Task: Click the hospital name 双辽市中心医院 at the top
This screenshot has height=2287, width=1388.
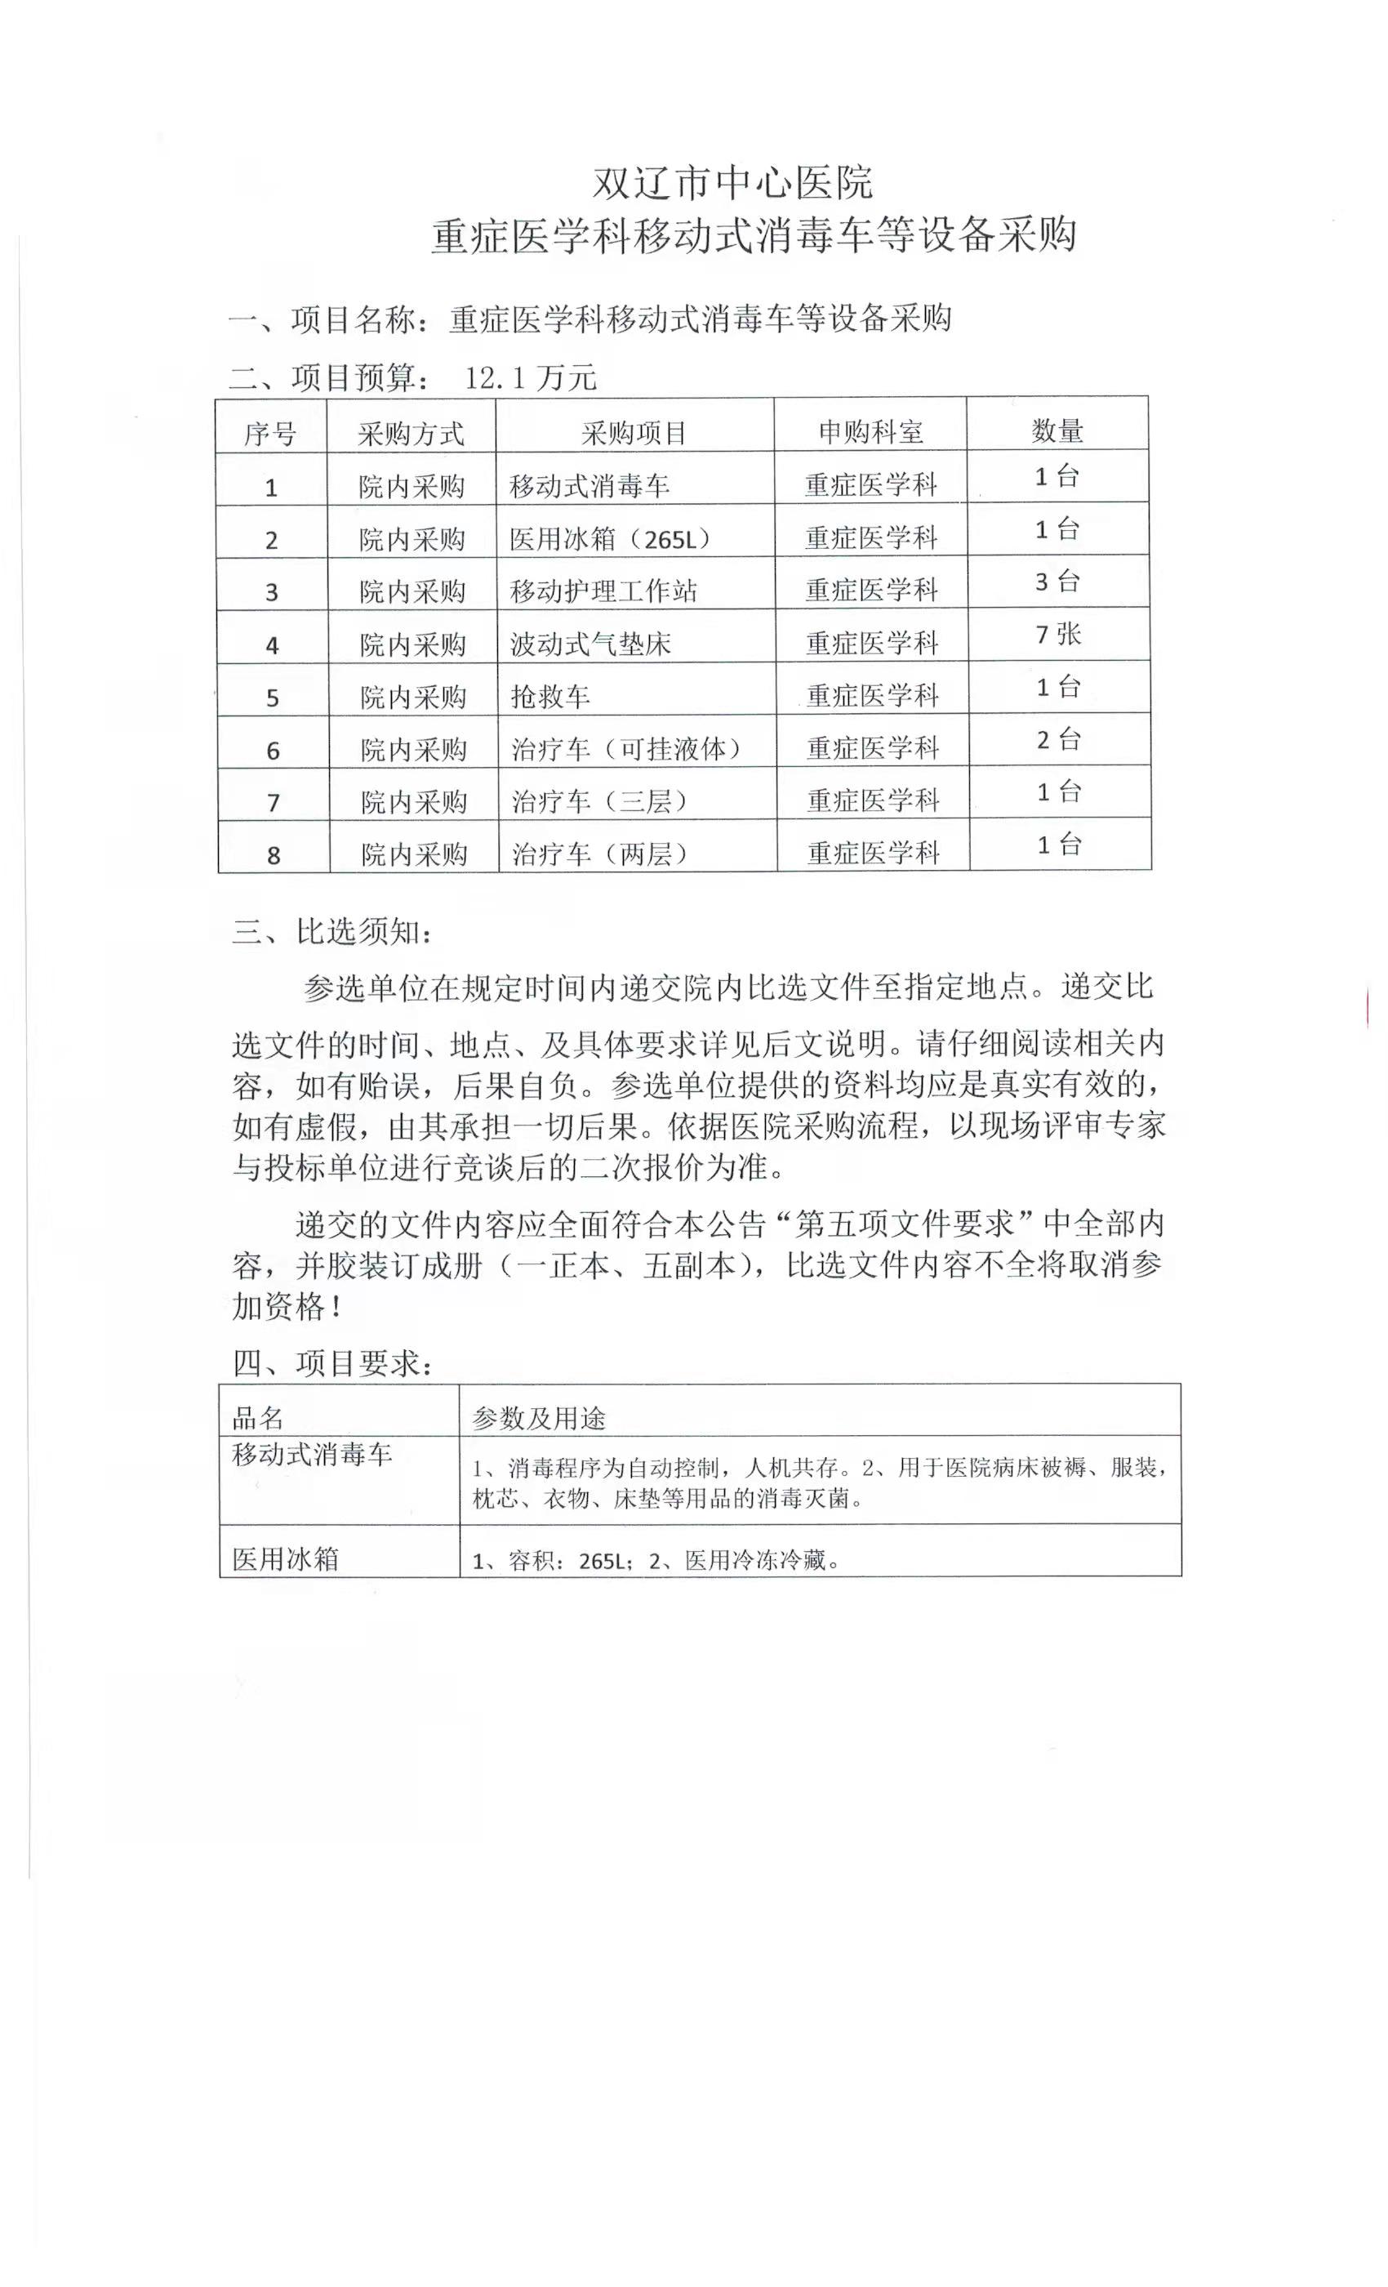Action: (732, 183)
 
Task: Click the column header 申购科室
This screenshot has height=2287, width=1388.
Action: (870, 431)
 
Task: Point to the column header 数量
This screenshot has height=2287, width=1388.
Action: (1057, 430)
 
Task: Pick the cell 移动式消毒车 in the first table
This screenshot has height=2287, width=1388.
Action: (590, 485)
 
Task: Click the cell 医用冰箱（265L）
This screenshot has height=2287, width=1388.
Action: (610, 538)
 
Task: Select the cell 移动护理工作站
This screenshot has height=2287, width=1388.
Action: (603, 591)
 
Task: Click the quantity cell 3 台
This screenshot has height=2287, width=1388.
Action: (1057, 582)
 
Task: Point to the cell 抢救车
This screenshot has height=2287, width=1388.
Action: (550, 696)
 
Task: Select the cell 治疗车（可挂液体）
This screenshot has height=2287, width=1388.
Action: (626, 749)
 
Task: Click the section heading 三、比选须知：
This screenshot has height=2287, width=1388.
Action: (332, 932)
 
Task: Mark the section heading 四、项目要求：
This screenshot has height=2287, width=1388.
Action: (332, 1363)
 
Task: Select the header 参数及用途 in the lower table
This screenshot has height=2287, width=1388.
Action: (538, 1418)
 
